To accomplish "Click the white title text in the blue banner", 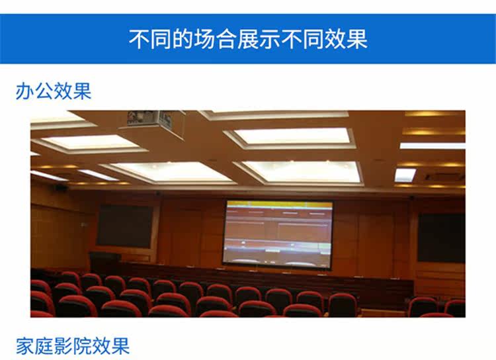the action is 248,39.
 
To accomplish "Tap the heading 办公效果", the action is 54,91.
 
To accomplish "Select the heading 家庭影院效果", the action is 73,345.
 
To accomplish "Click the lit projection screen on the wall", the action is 278,235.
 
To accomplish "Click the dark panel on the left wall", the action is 124,226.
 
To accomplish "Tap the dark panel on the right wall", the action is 442,238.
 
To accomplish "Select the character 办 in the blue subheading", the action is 25,91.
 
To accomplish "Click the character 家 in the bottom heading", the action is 25,345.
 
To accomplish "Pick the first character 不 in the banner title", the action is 140,39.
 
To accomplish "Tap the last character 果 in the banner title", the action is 357,39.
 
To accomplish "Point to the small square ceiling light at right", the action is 405,175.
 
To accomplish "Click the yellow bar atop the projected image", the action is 278,204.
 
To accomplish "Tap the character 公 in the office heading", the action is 44,91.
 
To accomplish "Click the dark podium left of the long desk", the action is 105,263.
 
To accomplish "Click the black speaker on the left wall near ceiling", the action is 60,187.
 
